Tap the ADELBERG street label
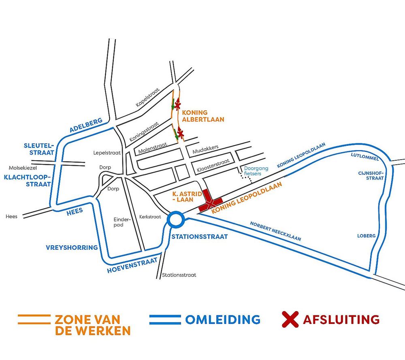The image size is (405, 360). (x=86, y=125)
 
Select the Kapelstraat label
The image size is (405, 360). (x=148, y=97)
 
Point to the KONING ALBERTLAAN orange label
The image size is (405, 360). (x=203, y=116)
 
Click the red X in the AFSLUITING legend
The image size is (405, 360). (x=290, y=319)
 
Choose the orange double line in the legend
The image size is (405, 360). (x=34, y=319)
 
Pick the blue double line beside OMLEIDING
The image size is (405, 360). (x=165, y=319)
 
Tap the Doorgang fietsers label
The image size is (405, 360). (x=256, y=171)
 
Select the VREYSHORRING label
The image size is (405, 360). (x=72, y=248)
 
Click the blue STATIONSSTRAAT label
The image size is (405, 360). (x=200, y=236)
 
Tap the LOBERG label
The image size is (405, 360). (x=366, y=236)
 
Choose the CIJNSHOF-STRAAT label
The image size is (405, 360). (x=371, y=175)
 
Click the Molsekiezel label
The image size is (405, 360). (x=23, y=168)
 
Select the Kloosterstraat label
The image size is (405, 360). (x=213, y=166)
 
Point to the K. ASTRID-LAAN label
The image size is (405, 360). (x=187, y=196)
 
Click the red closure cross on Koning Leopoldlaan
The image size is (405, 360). (x=211, y=202)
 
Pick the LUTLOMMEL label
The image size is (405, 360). (x=364, y=157)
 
